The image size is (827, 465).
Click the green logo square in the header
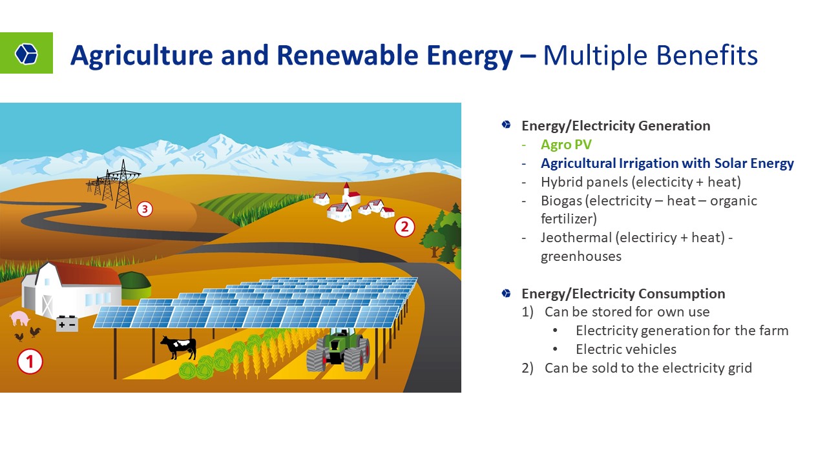[x=26, y=53]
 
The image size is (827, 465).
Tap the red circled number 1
[x=30, y=361]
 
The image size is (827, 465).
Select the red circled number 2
[x=404, y=227]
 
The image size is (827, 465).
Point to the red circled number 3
[x=145, y=209]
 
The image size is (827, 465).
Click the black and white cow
[x=179, y=347]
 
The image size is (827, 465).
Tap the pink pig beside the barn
[x=19, y=318]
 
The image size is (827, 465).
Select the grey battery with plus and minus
[x=67, y=324]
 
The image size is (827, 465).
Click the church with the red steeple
[x=350, y=194]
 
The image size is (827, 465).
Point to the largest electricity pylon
[x=123, y=185]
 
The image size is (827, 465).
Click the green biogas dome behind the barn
[x=135, y=285]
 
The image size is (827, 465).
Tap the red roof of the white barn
[x=89, y=274]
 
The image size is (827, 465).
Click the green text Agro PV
[x=566, y=144]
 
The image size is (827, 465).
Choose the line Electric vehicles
[x=626, y=349]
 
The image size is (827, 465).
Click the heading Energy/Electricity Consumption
[x=623, y=294]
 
